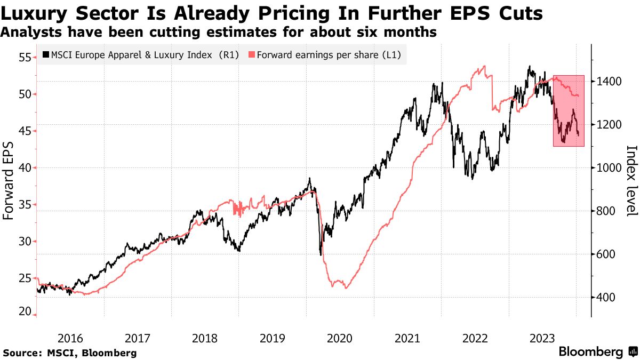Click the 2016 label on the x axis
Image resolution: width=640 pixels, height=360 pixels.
[x=70, y=338]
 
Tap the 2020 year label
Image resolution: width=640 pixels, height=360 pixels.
[x=340, y=338]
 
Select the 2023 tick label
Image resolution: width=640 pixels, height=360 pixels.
[x=542, y=338]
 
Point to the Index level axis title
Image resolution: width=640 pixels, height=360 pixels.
[x=631, y=181]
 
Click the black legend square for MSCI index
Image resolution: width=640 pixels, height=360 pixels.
[x=46, y=54]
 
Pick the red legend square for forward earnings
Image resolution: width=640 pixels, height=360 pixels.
[x=252, y=54]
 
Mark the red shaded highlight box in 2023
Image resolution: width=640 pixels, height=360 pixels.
[x=569, y=110]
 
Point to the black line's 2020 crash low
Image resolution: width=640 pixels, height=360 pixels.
[x=321, y=254]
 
